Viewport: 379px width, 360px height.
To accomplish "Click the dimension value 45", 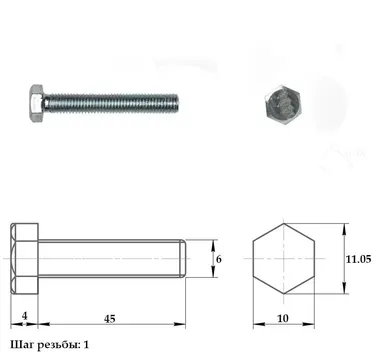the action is pos(109,319).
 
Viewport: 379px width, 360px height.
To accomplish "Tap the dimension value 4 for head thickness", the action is pos(24,316).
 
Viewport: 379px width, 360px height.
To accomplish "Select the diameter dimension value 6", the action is pos(219,259).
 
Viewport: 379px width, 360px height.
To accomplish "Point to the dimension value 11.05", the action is pos(358,259).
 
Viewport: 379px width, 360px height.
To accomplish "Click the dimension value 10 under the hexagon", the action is pos(283,319).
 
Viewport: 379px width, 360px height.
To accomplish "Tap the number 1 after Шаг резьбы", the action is pos(86,345).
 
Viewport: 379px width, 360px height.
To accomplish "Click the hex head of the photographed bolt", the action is pos(36,103).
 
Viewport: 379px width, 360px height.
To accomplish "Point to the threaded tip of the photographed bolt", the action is pos(176,103).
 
